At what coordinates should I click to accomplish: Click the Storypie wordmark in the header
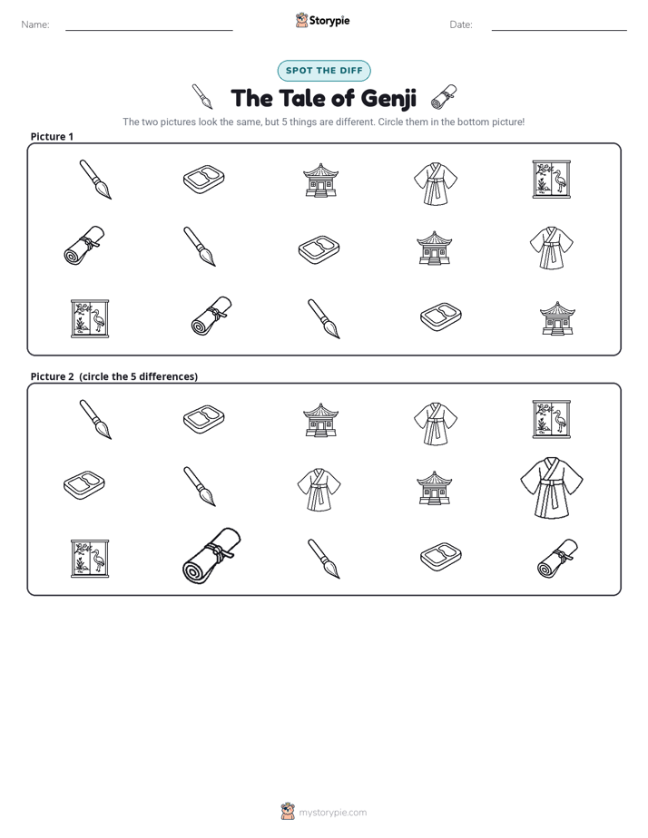point(329,21)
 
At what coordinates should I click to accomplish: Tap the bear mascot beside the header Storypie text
point(301,20)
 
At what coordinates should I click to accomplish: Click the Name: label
point(35,24)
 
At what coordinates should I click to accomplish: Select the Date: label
point(461,24)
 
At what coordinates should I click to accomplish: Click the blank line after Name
point(149,31)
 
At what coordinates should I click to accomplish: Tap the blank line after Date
point(559,31)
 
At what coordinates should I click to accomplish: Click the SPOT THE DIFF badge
point(324,71)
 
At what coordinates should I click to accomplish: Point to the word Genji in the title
point(388,99)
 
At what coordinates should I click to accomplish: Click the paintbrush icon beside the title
point(202,96)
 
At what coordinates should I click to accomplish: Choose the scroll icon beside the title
point(444,96)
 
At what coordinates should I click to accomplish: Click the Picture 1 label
point(52,136)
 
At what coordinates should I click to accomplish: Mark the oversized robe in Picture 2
point(552,487)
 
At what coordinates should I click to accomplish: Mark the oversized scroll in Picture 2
point(211,556)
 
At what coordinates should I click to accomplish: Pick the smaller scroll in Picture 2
point(557,559)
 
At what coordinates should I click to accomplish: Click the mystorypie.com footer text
point(332,813)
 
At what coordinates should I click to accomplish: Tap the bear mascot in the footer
point(288,812)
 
